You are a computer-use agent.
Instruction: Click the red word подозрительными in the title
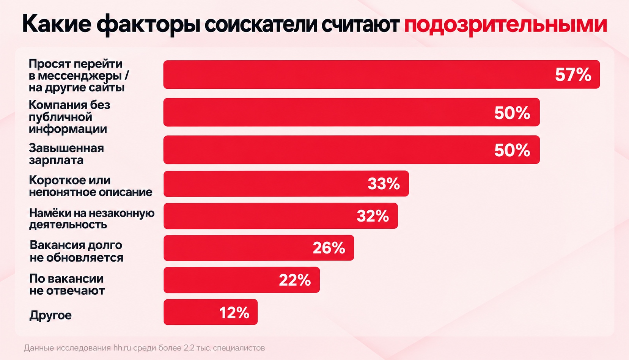point(505,25)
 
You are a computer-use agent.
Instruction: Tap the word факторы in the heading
point(148,25)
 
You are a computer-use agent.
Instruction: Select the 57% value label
point(573,75)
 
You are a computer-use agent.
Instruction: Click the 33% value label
point(384,184)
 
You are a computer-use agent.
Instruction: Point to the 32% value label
point(373,216)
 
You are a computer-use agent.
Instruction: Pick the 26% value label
point(329,248)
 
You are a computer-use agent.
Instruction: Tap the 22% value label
point(295,280)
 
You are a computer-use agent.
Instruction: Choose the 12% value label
point(234,313)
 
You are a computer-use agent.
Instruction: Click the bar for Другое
point(211,312)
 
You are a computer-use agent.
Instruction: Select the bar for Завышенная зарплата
point(352,150)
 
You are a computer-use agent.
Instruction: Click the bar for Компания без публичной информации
point(352,112)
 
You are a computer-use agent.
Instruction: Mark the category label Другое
point(50,315)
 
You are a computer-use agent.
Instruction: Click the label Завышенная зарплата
point(66,154)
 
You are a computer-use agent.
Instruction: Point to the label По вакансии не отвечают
point(67,285)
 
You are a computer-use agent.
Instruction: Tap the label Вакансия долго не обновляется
point(76,252)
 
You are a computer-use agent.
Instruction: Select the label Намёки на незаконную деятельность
point(92,219)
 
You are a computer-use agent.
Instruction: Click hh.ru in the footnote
point(122,348)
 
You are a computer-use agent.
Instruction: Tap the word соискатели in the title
point(261,25)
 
